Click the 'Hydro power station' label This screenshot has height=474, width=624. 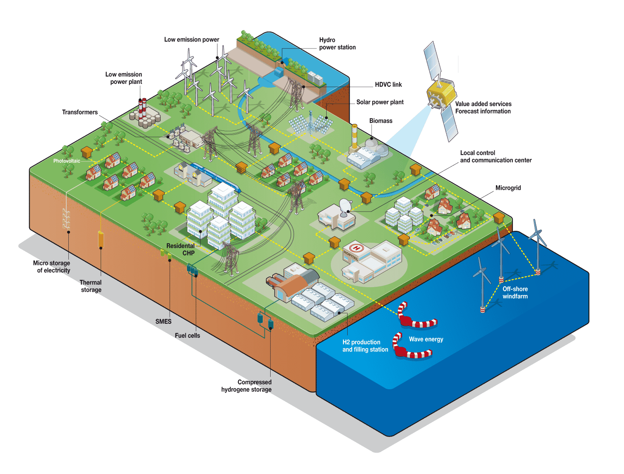click(x=337, y=44)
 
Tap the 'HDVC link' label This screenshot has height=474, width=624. click(x=388, y=84)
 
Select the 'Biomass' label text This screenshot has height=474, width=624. click(x=381, y=121)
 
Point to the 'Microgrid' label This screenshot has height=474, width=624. click(x=508, y=188)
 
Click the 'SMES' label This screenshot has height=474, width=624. click(x=163, y=321)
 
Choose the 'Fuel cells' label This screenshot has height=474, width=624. click(x=187, y=335)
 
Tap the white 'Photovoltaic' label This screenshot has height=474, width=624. click(x=67, y=161)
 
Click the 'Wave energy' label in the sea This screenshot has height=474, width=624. click(x=426, y=339)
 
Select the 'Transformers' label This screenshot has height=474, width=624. click(x=80, y=112)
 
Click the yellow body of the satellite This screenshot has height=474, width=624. click(x=441, y=94)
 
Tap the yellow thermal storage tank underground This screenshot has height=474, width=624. click(x=100, y=239)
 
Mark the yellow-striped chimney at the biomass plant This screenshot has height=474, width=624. click(x=354, y=137)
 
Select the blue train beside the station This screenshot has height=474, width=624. click(x=216, y=177)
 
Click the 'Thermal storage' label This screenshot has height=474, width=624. click(x=91, y=286)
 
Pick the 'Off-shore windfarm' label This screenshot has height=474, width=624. click(x=515, y=293)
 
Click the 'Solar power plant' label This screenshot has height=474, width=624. click(x=380, y=102)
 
